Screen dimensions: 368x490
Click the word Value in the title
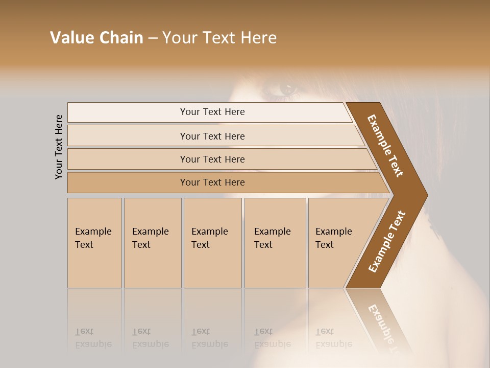(71, 38)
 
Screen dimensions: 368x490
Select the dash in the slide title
(153, 38)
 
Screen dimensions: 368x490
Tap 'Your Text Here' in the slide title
(219, 38)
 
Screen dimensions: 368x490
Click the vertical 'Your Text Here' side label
(59, 147)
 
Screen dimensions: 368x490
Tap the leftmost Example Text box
(94, 243)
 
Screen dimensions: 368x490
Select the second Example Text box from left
(152, 243)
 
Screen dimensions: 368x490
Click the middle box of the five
(212, 243)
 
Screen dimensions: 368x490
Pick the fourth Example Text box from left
(275, 243)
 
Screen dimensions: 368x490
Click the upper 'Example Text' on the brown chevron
(385, 146)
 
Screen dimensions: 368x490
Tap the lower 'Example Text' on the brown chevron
(386, 242)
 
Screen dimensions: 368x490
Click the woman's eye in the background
(287, 88)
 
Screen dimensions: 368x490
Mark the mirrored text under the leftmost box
(93, 338)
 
